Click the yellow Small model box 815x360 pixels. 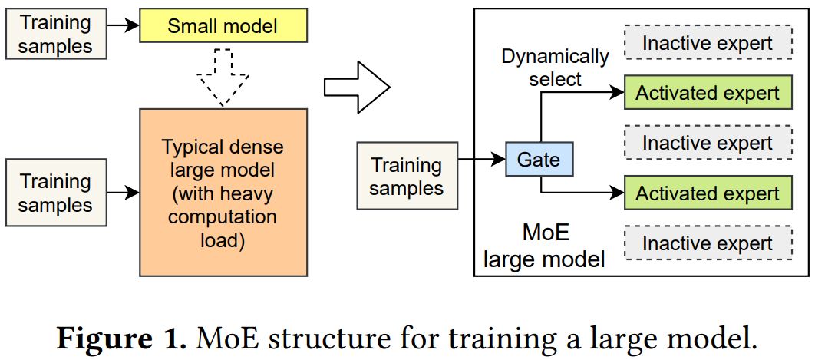coord(223,27)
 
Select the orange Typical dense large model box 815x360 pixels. coord(223,192)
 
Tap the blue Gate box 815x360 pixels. coord(539,160)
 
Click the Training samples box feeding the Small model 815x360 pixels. coord(55,35)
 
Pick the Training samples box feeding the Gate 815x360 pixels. coord(407,176)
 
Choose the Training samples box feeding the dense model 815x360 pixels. coord(55,193)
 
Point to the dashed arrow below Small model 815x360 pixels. coord(223,77)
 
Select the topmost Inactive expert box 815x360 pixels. coord(707,43)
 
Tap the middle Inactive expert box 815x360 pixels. coord(707,143)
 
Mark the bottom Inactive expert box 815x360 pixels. coord(707,243)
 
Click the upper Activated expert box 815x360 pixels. coord(707,94)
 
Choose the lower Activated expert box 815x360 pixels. coord(707,193)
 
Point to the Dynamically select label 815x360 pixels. coord(555,68)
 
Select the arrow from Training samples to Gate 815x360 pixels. coord(481,160)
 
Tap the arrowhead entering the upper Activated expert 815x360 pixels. coord(615,93)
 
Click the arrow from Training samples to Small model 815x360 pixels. coord(122,25)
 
